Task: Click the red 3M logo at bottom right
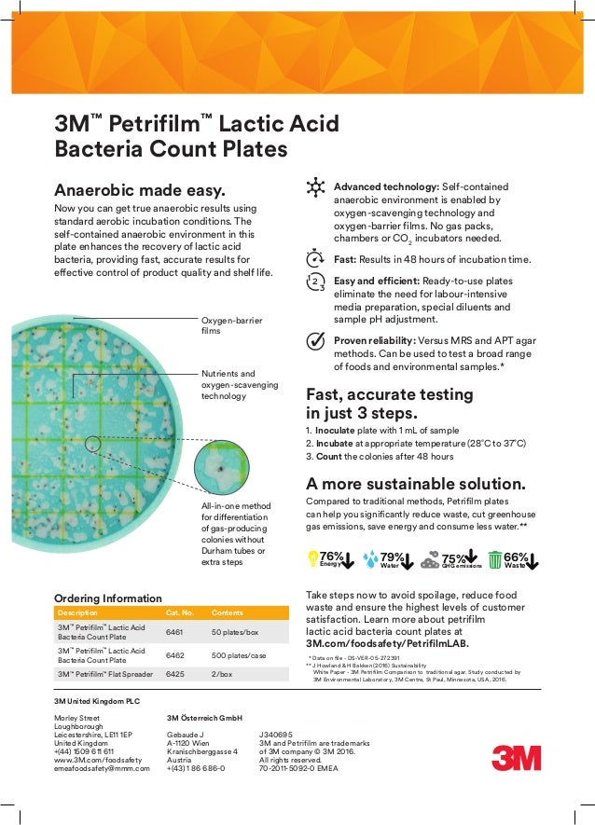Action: [516, 756]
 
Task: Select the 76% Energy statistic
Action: [330, 558]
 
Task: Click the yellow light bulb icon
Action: [313, 558]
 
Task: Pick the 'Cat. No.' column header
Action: [179, 612]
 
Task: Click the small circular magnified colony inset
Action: [220, 466]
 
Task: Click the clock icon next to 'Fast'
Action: [315, 258]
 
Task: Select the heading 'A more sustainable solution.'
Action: [416, 484]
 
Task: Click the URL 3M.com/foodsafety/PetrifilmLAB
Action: [387, 643]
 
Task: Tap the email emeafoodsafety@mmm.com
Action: [102, 768]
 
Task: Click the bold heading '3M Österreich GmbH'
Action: [205, 718]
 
